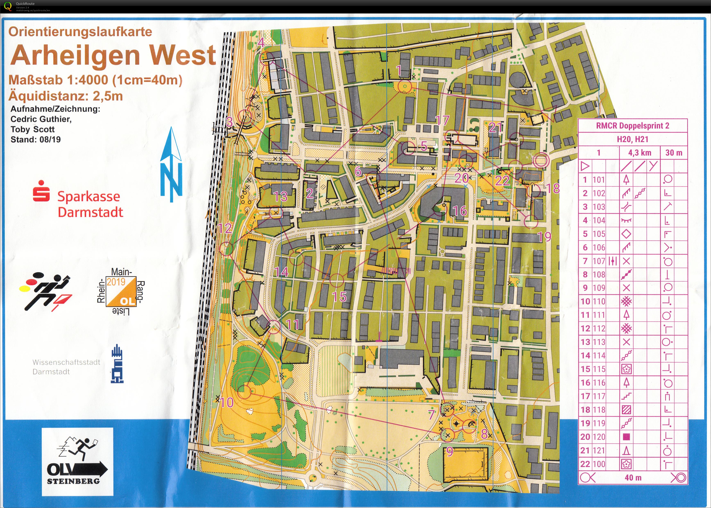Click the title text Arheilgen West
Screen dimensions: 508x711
tap(113, 55)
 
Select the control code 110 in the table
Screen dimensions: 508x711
tap(599, 301)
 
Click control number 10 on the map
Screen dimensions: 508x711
tap(227, 402)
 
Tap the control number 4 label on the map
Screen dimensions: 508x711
tap(261, 43)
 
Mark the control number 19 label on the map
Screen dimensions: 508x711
tap(544, 237)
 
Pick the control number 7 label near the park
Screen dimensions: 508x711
tap(432, 414)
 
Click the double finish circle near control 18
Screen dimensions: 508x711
tap(541, 161)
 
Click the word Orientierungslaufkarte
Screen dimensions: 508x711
tap(80, 32)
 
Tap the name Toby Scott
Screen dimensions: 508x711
tap(33, 129)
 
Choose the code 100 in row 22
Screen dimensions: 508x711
tap(599, 464)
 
